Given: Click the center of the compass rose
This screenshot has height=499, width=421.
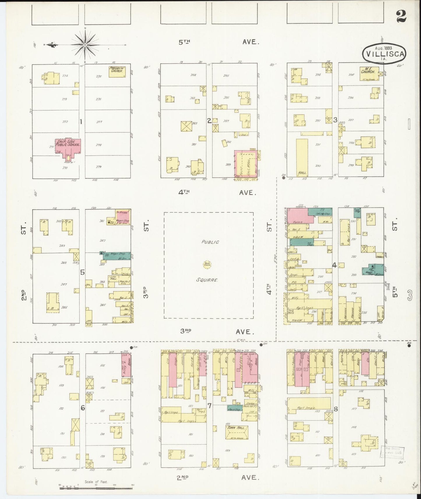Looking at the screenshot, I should [85, 45].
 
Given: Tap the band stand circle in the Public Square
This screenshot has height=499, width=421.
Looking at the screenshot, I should [207, 265].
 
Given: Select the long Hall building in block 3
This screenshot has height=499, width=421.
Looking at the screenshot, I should [302, 157].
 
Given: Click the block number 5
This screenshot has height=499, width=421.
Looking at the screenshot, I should [82, 272].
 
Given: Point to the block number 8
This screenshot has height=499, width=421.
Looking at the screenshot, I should [336, 409].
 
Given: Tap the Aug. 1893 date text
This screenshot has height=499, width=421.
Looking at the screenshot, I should [383, 48].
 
